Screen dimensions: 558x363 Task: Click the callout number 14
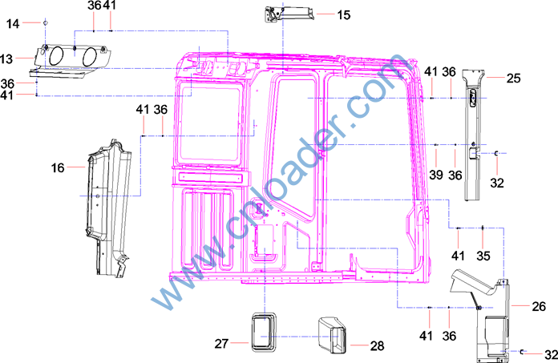pos(13,24)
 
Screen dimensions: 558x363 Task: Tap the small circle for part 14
pos(45,22)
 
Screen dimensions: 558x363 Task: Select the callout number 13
pos(6,58)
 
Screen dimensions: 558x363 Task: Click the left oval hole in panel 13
pos(56,56)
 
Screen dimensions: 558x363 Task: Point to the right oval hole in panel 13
pos(89,57)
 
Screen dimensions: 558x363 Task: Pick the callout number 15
pos(344,15)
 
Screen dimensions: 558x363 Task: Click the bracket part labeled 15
pos(289,14)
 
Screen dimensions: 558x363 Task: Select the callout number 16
pos(58,167)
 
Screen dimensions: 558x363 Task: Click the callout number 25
pos(514,79)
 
